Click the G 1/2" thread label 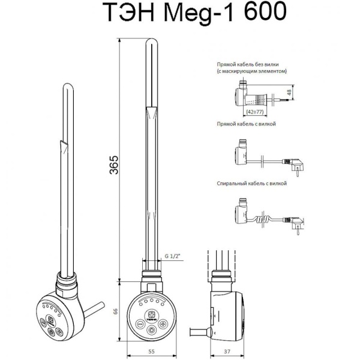[173, 256]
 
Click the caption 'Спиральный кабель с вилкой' [254, 184]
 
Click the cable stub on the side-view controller [208, 331]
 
